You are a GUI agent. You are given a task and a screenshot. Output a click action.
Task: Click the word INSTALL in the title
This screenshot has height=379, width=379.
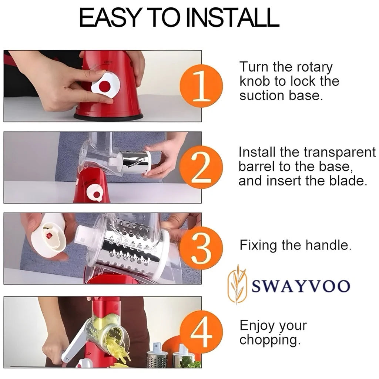(x=232, y=17)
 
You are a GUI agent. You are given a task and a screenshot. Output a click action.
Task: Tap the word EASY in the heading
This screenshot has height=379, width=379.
(x=110, y=17)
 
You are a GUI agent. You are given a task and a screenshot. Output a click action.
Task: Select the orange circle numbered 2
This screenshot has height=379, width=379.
(x=201, y=168)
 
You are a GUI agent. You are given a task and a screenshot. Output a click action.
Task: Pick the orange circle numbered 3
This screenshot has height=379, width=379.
(x=201, y=248)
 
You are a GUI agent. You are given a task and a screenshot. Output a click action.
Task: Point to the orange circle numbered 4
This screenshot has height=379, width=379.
(x=201, y=332)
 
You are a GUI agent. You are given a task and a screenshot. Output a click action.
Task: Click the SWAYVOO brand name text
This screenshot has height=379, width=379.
(x=301, y=286)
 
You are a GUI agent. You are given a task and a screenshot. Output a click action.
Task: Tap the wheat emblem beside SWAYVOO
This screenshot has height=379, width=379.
(x=237, y=284)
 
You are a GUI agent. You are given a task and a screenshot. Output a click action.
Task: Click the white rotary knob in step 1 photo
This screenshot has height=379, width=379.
(x=105, y=84)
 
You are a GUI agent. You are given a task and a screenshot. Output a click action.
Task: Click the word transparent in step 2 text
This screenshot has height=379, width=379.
(x=340, y=153)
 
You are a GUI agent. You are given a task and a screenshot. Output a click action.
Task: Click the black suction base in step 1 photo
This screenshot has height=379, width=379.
(x=108, y=117)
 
